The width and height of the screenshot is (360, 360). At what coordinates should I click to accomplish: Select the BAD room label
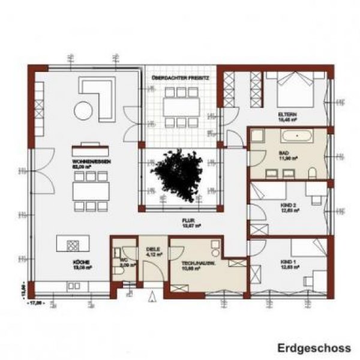(x=284, y=154)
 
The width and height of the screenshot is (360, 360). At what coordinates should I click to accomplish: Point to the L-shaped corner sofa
(x=102, y=96)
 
